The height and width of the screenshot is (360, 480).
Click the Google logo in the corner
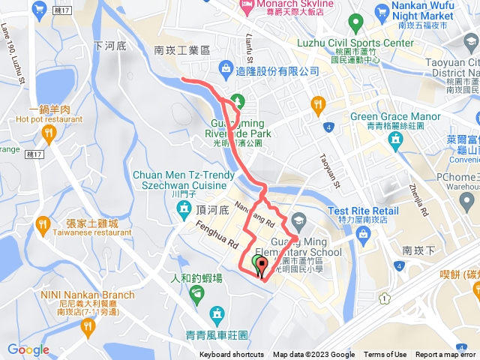(x=28, y=349)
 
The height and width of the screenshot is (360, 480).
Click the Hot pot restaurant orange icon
(x=49, y=134)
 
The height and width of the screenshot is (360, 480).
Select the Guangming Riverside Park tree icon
(x=238, y=100)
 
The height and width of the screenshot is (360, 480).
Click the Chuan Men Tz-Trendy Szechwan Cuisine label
(x=179, y=180)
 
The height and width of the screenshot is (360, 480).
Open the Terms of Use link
(x=385, y=355)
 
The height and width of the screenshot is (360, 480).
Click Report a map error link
(x=446, y=355)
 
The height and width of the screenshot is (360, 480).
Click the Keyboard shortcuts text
(x=232, y=355)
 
